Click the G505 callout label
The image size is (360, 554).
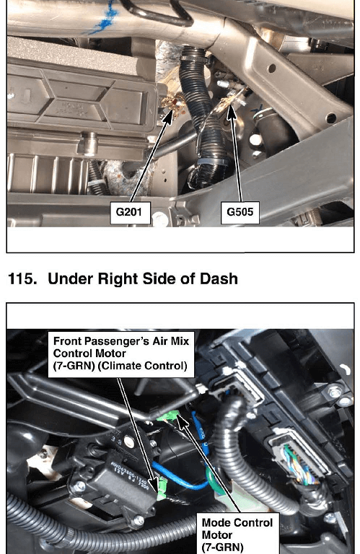pos(240,212)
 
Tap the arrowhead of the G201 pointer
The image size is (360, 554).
pos(169,116)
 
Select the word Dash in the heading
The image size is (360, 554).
pos(219,278)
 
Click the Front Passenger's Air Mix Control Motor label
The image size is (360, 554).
pos(120,353)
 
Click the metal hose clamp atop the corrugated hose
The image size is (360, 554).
pos(193,56)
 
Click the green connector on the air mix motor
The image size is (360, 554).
pos(162,488)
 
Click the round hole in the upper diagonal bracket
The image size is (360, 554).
pos(272,69)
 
